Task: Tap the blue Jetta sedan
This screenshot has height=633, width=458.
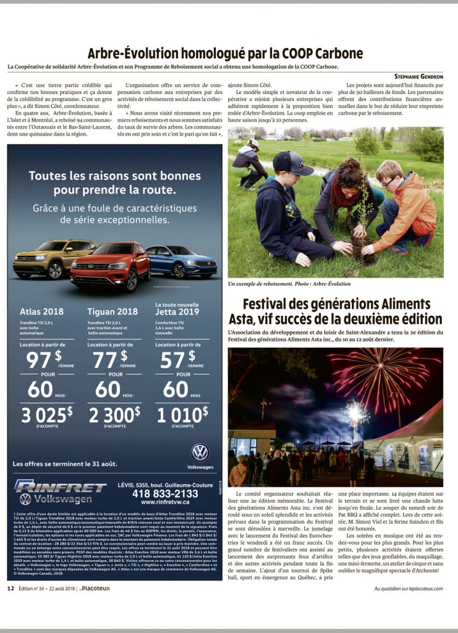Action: tap(183, 260)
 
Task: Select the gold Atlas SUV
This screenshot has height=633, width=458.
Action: tap(46, 258)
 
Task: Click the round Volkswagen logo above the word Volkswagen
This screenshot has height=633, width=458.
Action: tap(200, 452)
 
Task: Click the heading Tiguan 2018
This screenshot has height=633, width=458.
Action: tap(112, 312)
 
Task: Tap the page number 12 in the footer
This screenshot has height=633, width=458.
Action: tap(11, 588)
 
